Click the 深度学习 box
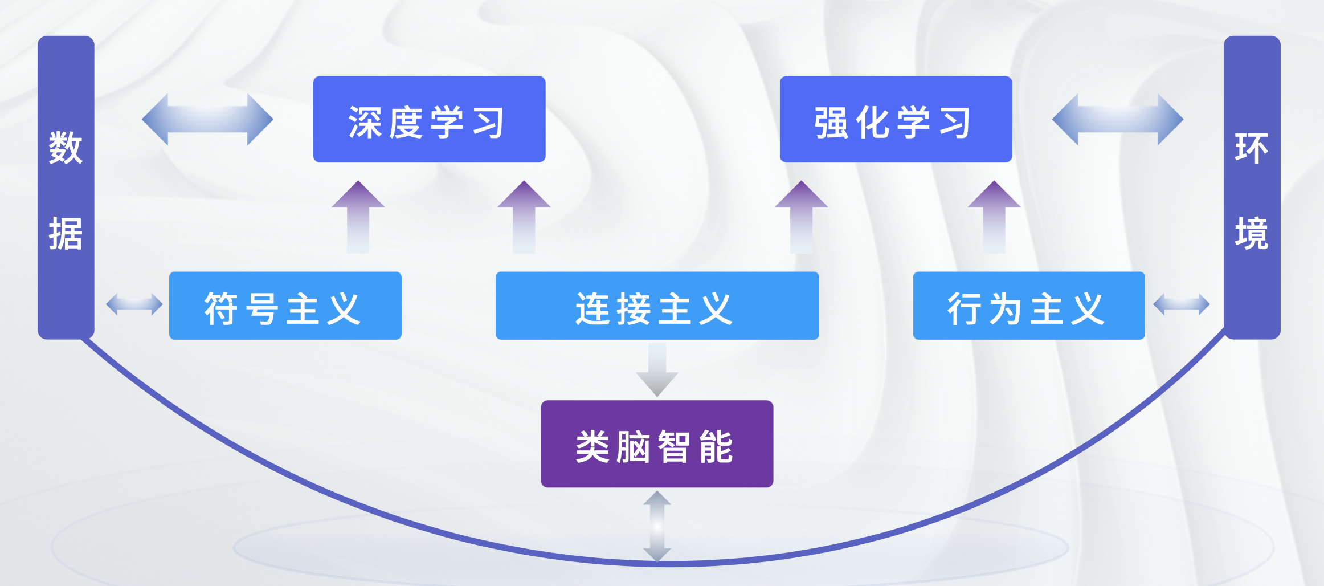point(429,119)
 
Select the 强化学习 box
point(896,119)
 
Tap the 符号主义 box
point(285,306)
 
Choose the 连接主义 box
point(657,306)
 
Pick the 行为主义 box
point(1029,306)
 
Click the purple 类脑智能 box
point(657,444)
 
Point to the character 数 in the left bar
point(66,148)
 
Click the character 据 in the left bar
point(66,234)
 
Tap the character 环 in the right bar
point(1252,148)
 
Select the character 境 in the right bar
point(1252,234)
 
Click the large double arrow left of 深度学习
point(207,120)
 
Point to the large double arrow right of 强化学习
point(1117,120)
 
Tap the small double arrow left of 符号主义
point(134,304)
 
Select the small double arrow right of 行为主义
point(1181,304)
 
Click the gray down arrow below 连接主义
point(657,371)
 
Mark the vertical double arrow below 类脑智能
point(657,526)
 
